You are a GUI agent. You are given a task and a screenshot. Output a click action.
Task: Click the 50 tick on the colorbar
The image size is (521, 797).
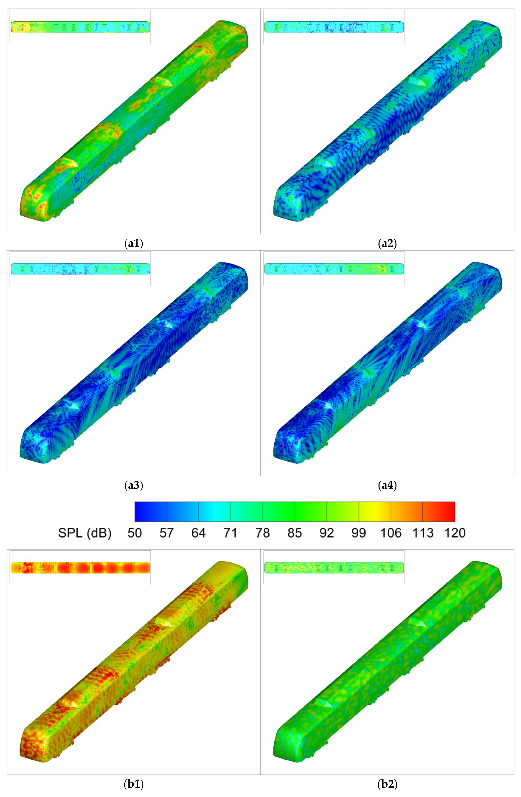coord(135,533)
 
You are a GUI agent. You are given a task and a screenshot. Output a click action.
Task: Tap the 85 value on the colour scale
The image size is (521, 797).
coord(294,533)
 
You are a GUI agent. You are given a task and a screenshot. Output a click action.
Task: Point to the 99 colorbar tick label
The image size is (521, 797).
coord(358,533)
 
